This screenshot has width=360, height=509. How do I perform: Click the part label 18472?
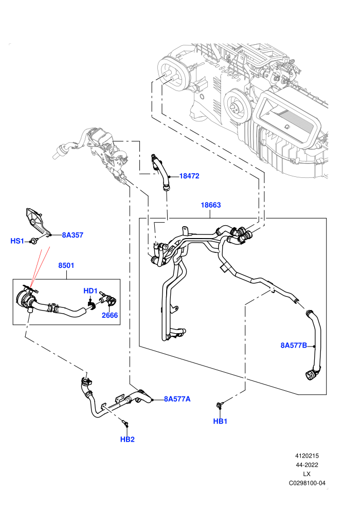(189, 176)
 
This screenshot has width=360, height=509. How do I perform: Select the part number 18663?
(211, 205)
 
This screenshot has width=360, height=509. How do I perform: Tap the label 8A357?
(73, 235)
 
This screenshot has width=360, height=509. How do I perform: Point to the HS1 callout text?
(17, 241)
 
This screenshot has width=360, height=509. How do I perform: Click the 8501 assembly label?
(66, 265)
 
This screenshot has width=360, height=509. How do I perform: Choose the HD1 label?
(91, 290)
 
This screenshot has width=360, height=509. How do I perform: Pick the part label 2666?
(110, 315)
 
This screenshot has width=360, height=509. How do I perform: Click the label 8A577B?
(294, 345)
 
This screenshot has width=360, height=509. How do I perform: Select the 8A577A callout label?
(177, 399)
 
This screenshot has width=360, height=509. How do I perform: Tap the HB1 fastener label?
(220, 421)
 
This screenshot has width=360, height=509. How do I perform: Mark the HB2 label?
(127, 439)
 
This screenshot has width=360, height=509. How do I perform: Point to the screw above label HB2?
(125, 423)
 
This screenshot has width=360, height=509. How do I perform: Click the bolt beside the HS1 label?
(33, 241)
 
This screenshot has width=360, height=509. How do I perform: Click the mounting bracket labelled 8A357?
(37, 222)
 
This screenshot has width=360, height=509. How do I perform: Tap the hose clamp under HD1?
(91, 305)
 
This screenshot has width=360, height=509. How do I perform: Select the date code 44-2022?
(307, 465)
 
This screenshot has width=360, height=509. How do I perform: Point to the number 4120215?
(307, 456)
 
